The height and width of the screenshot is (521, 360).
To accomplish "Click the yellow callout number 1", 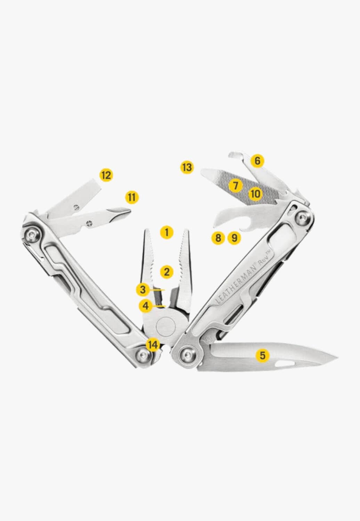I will coord(167,232).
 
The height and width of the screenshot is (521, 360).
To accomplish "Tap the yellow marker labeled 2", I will coord(167,272).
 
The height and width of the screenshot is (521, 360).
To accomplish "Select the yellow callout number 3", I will coord(143,289).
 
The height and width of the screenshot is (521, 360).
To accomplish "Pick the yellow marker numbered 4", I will coord(146,306).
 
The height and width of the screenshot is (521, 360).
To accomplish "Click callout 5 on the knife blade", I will coord(262,355).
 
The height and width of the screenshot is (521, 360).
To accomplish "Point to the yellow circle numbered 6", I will coord(257,161).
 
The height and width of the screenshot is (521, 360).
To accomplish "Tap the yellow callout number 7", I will coord(236,185).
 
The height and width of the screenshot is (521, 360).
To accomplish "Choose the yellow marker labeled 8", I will coord(218,238).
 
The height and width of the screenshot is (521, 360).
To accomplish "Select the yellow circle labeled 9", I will coord(234,238).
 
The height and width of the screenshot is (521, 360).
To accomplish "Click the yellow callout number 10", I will coord(255,193).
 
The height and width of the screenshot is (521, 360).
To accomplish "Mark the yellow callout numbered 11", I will coord(131,198).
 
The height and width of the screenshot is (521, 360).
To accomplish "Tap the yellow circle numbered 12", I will coord(106,175).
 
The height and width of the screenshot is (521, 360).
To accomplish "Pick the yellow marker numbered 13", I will coord(187,167).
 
